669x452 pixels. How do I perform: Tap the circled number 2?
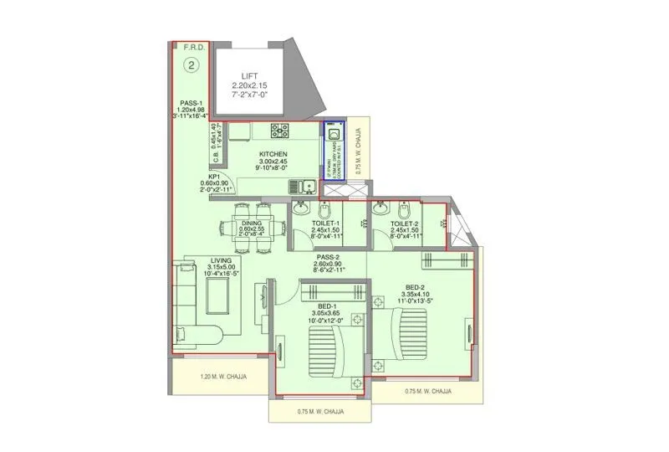coord(192,64)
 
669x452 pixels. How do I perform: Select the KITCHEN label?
coord(273,155)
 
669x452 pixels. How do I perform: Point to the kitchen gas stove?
coord(279,130)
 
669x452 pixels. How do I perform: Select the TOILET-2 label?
coord(406,224)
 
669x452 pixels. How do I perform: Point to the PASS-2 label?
coord(328,257)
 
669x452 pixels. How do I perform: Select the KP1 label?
coord(214,177)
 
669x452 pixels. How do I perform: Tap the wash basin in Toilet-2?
coord(381,207)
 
